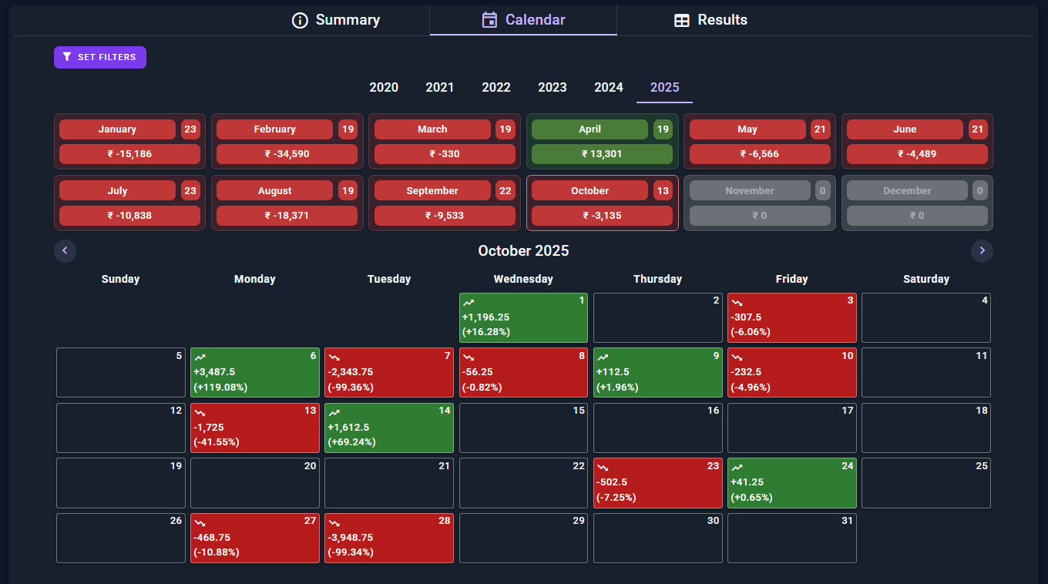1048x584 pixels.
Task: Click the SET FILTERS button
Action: click(x=100, y=57)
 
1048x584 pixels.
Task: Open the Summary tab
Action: click(x=335, y=20)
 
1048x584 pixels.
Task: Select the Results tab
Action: click(x=710, y=20)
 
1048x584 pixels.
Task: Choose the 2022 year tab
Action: click(x=496, y=87)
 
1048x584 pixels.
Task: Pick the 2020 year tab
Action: click(x=384, y=87)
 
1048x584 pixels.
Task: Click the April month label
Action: click(x=589, y=129)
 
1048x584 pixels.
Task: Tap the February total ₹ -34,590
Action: click(x=287, y=154)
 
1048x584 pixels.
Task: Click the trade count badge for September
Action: click(x=506, y=190)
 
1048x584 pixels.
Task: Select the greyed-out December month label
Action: click(x=907, y=190)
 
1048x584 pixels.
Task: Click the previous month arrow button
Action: click(x=65, y=251)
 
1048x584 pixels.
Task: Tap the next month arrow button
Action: click(x=982, y=251)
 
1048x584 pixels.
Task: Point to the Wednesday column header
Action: click(x=523, y=279)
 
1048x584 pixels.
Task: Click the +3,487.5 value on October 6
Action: click(x=214, y=372)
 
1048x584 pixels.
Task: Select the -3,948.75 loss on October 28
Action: click(x=351, y=537)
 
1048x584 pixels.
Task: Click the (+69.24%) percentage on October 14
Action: click(x=352, y=442)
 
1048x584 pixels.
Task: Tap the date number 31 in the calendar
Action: click(x=847, y=520)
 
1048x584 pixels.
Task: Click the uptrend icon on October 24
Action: click(x=737, y=468)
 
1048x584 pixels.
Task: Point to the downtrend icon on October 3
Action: click(x=737, y=303)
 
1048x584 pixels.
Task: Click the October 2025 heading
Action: click(x=523, y=251)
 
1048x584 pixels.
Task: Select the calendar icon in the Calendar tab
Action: click(x=489, y=20)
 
